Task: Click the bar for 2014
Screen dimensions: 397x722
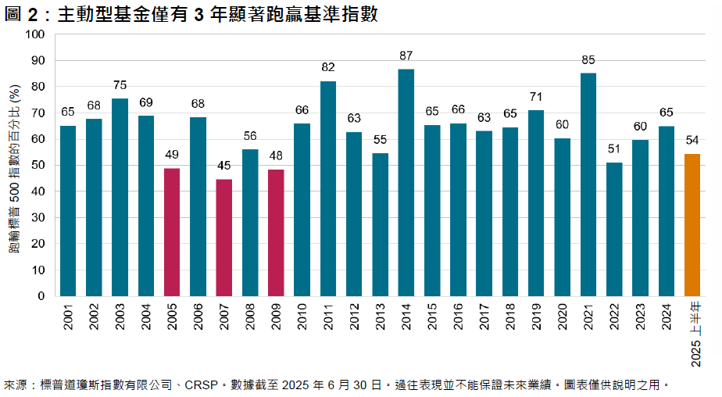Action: pos(406,183)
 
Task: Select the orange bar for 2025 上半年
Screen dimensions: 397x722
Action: pos(692,225)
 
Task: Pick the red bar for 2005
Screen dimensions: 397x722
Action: pos(172,232)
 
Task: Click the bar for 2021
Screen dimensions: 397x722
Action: pos(588,184)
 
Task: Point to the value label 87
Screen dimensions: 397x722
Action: pos(406,55)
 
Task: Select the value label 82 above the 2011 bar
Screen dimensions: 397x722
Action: pos(327,68)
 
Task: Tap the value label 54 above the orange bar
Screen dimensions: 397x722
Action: pos(692,140)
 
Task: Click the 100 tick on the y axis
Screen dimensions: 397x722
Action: pos(35,34)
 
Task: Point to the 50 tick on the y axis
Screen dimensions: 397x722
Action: pos(38,165)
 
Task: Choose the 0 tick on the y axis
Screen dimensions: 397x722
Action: pos(41,296)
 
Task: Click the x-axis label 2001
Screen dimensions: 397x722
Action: pos(68,320)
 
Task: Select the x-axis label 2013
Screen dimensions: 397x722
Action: pos(380,320)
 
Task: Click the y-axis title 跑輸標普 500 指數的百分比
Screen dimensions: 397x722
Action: pos(14,166)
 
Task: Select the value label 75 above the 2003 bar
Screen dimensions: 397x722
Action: pos(120,86)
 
